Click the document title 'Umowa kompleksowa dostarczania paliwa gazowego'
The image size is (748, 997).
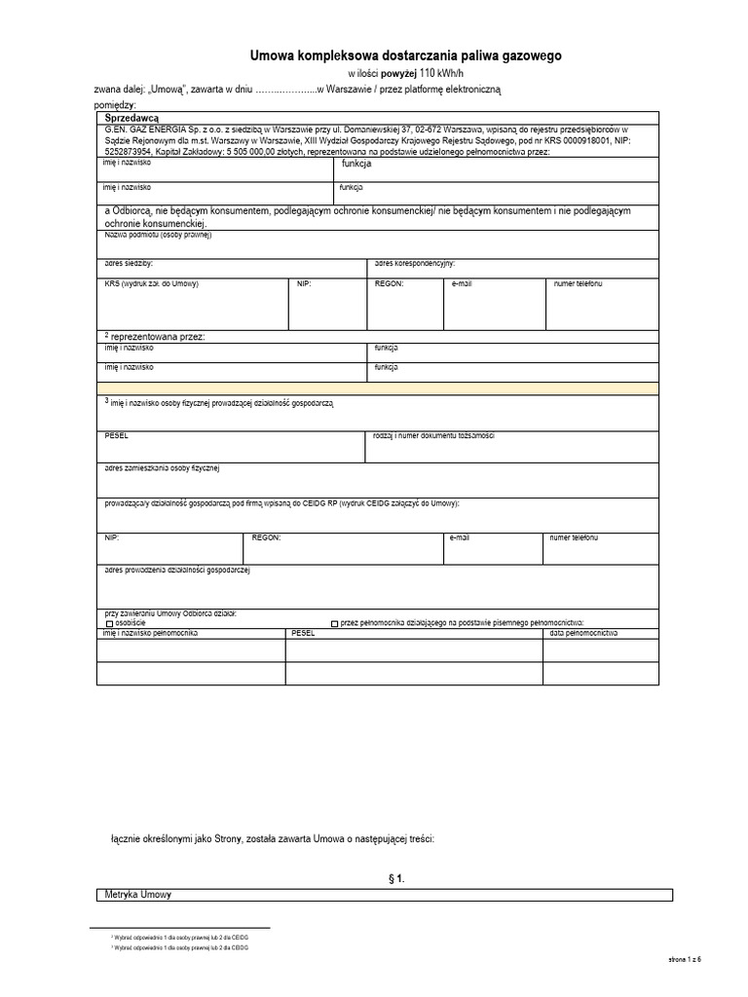coord(406,57)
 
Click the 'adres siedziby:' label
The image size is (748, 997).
coord(129,263)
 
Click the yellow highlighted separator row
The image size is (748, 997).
coord(386,388)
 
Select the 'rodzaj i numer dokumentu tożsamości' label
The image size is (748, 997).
coord(434,434)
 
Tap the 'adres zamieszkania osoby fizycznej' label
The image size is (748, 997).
coord(163,468)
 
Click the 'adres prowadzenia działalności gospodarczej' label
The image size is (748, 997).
coord(177,570)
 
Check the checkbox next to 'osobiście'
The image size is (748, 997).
coord(109,623)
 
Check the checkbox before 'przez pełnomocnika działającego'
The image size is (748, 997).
coord(335,623)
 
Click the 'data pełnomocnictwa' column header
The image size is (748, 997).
coord(584,633)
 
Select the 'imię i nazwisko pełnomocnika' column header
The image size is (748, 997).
coord(150,633)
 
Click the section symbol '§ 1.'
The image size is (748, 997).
coord(396,879)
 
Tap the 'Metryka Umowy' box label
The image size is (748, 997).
coord(137,894)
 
